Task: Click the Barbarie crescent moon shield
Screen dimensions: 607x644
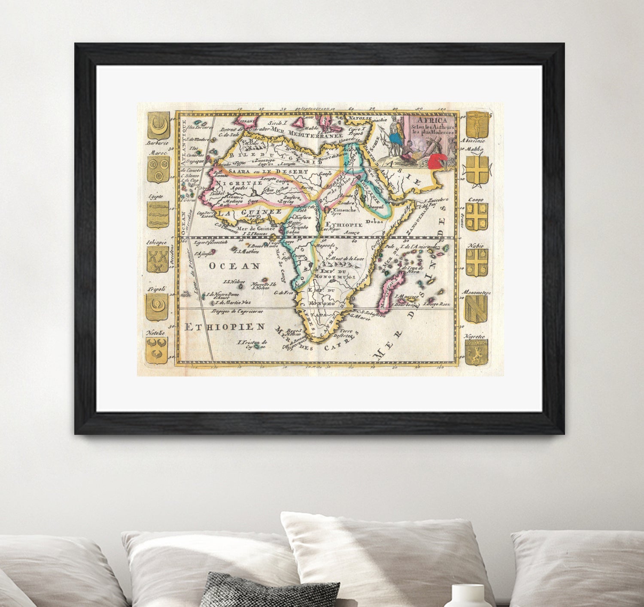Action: (158, 126)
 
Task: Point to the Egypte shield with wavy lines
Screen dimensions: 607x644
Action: (158, 214)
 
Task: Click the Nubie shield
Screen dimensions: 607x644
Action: (477, 262)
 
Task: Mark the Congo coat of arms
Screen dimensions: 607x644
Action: (477, 216)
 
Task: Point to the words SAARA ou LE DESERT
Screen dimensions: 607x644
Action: (268, 171)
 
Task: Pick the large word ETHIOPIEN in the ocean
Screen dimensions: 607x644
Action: (225, 327)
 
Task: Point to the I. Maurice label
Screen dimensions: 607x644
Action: (406, 296)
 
